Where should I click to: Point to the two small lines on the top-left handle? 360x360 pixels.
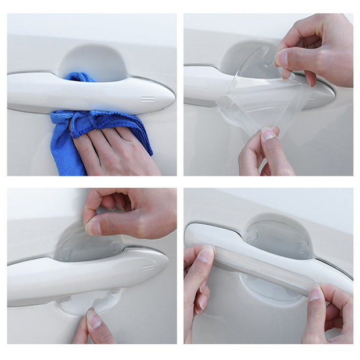(x=147, y=99)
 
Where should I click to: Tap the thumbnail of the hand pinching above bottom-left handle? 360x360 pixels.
(x=93, y=226)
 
